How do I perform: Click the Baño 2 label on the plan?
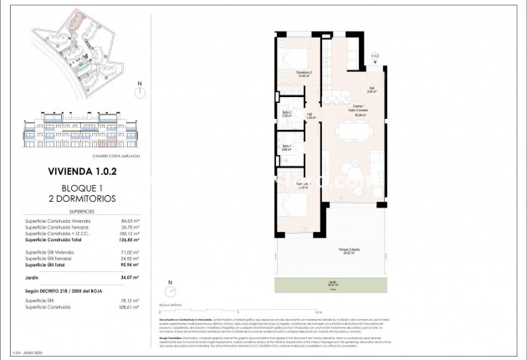(x=286, y=114)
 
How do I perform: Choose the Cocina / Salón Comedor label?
(x=339, y=115)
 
